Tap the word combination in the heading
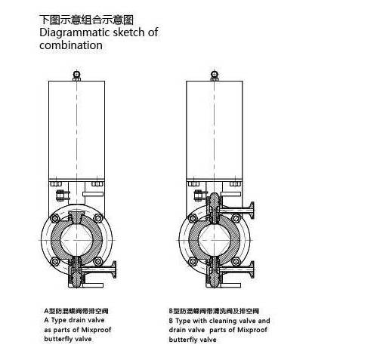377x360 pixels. (71, 45)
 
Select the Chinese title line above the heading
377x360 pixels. (86, 20)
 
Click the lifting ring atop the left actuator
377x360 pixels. (76, 75)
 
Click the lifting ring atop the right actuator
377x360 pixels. (215, 75)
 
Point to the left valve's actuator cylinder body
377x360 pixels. (76, 130)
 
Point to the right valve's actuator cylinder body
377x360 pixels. (215, 130)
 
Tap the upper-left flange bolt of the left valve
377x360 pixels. (55, 218)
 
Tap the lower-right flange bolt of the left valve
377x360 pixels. (97, 262)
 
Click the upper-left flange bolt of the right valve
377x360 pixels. (193, 218)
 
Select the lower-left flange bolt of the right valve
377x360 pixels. (193, 262)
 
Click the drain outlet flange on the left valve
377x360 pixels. (114, 269)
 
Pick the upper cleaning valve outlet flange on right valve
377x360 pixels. (252, 211)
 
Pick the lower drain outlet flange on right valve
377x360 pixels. (252, 269)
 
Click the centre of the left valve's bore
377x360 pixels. (76, 240)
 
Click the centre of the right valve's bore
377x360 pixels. (215, 240)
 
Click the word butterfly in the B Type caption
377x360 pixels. (181, 340)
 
